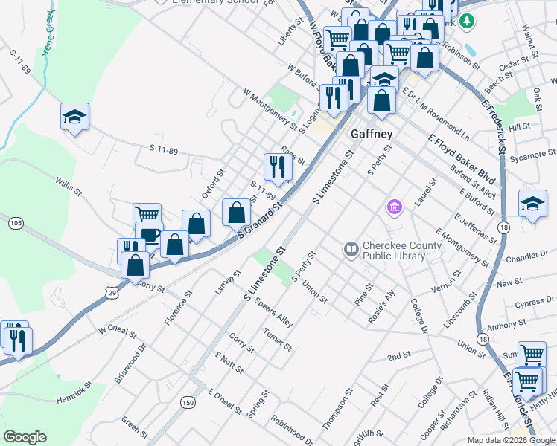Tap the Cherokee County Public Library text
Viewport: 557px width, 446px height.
(x=393, y=251)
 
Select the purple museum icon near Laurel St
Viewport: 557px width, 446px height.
(x=394, y=206)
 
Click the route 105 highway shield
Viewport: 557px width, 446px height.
(x=16, y=223)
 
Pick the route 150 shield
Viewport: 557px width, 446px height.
(x=187, y=402)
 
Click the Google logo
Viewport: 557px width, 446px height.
(x=25, y=437)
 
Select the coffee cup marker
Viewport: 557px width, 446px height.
(x=149, y=234)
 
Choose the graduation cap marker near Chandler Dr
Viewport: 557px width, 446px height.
(x=532, y=204)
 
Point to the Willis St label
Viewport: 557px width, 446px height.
(x=68, y=186)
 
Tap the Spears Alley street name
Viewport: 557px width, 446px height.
(x=273, y=314)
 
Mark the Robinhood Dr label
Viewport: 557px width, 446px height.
(x=292, y=430)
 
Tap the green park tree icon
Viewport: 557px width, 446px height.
(x=467, y=22)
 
